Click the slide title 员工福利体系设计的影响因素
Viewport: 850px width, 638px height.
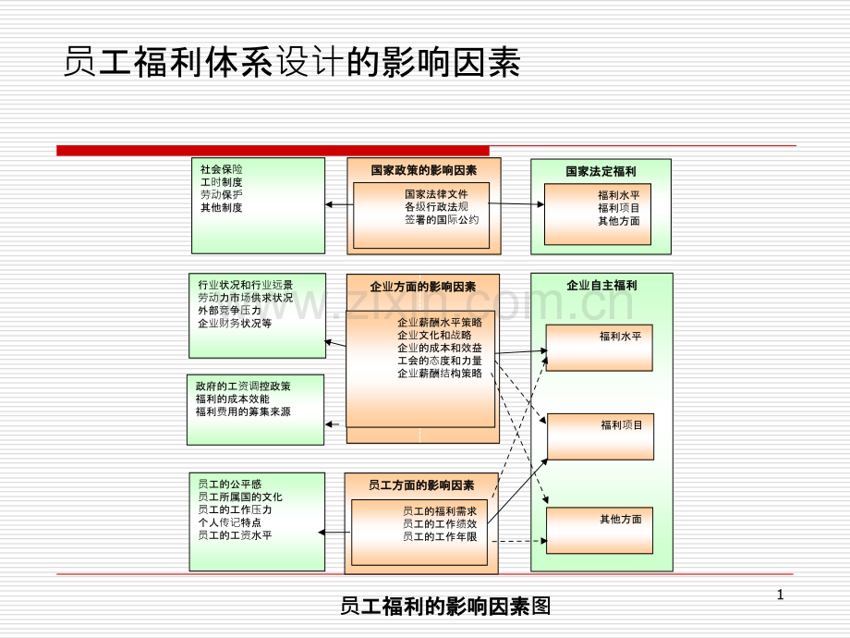(x=293, y=63)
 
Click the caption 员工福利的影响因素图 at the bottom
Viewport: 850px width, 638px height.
(x=445, y=607)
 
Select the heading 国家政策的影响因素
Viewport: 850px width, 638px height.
(x=424, y=170)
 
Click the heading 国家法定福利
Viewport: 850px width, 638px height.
(x=601, y=171)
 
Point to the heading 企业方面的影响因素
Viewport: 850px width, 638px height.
(x=423, y=287)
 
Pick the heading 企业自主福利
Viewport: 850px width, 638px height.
(x=601, y=286)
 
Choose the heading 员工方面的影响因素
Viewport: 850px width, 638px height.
(x=421, y=485)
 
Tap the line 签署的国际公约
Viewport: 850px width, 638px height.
(x=442, y=220)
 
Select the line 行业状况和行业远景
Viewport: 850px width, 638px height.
(x=245, y=285)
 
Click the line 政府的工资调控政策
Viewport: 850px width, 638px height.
(x=243, y=386)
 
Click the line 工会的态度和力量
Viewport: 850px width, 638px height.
(x=439, y=361)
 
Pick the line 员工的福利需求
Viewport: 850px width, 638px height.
(x=439, y=510)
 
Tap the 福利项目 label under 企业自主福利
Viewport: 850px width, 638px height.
(x=621, y=425)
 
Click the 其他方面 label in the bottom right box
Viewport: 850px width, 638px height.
(x=620, y=520)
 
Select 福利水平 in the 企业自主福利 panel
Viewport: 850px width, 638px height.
(x=620, y=337)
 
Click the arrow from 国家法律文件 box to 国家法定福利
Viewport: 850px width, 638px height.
(x=516, y=203)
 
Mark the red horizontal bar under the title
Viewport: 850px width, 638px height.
(x=273, y=150)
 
